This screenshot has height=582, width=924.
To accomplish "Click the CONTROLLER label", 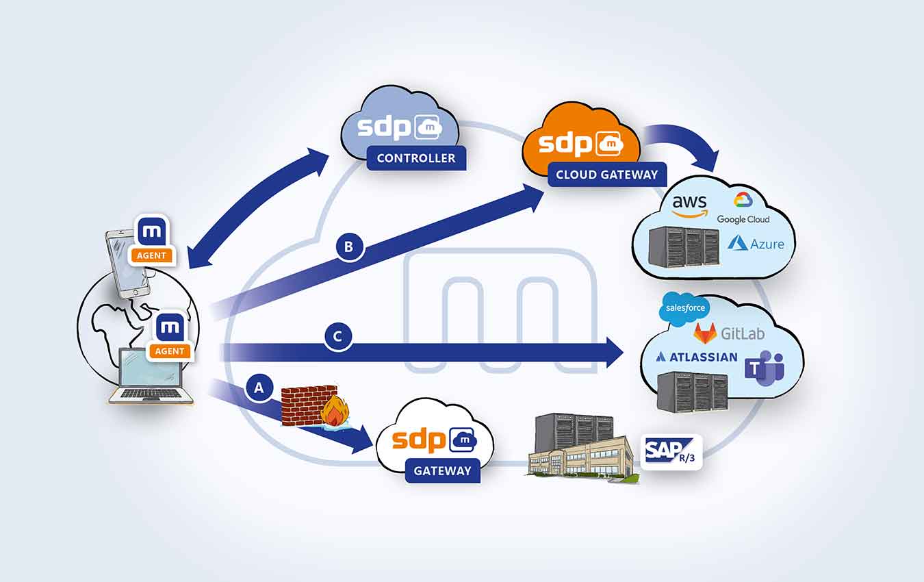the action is click(x=416, y=158).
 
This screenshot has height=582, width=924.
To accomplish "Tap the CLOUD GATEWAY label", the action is click(x=607, y=175).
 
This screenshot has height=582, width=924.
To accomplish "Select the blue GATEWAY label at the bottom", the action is click(x=443, y=470).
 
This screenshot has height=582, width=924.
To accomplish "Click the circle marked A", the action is click(x=259, y=388).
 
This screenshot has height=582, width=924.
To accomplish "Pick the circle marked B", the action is click(x=349, y=246).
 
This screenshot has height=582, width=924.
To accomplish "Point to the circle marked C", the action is click(x=337, y=336).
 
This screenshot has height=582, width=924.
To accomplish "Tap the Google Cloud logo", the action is click(x=743, y=208).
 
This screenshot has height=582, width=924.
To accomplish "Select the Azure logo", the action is click(x=756, y=244).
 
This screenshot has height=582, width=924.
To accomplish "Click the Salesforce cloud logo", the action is click(x=684, y=308).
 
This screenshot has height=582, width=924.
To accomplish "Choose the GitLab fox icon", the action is click(x=706, y=333).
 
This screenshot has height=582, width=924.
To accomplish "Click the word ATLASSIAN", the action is click(x=704, y=357).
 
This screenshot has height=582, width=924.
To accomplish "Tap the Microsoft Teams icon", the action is click(x=765, y=368).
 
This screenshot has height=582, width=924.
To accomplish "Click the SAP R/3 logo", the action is click(x=671, y=452).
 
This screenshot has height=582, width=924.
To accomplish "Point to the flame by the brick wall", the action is click(x=335, y=411).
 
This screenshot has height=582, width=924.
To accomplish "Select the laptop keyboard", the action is click(x=151, y=394).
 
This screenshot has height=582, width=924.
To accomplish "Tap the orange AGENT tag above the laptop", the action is click(x=170, y=351).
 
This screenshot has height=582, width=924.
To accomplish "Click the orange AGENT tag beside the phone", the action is click(x=151, y=255).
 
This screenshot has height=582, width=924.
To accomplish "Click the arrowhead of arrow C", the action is click(x=615, y=352).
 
